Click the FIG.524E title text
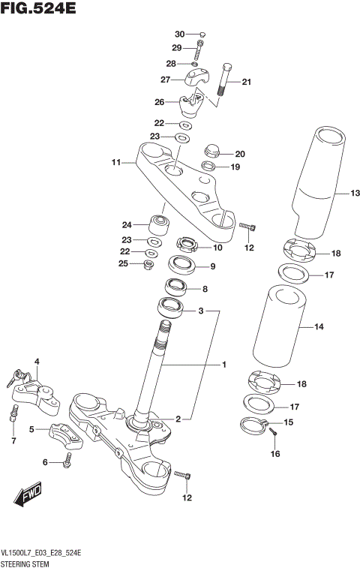point(38,10)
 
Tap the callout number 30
point(179,35)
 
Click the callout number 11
point(116,162)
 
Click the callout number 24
point(127,224)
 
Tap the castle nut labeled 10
point(185,245)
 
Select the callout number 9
point(212,266)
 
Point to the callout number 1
point(223,365)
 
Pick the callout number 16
point(274,454)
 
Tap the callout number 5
point(31,429)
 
